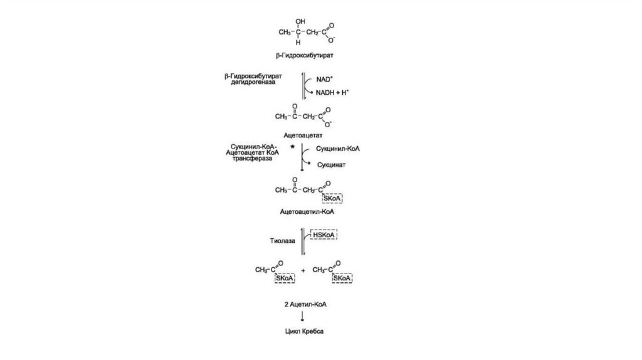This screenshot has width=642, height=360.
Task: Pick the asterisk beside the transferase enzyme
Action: coord(292,148)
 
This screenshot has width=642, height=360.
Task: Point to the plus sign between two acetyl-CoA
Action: coord(304,270)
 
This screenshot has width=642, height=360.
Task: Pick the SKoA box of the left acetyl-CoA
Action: coord(283,278)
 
